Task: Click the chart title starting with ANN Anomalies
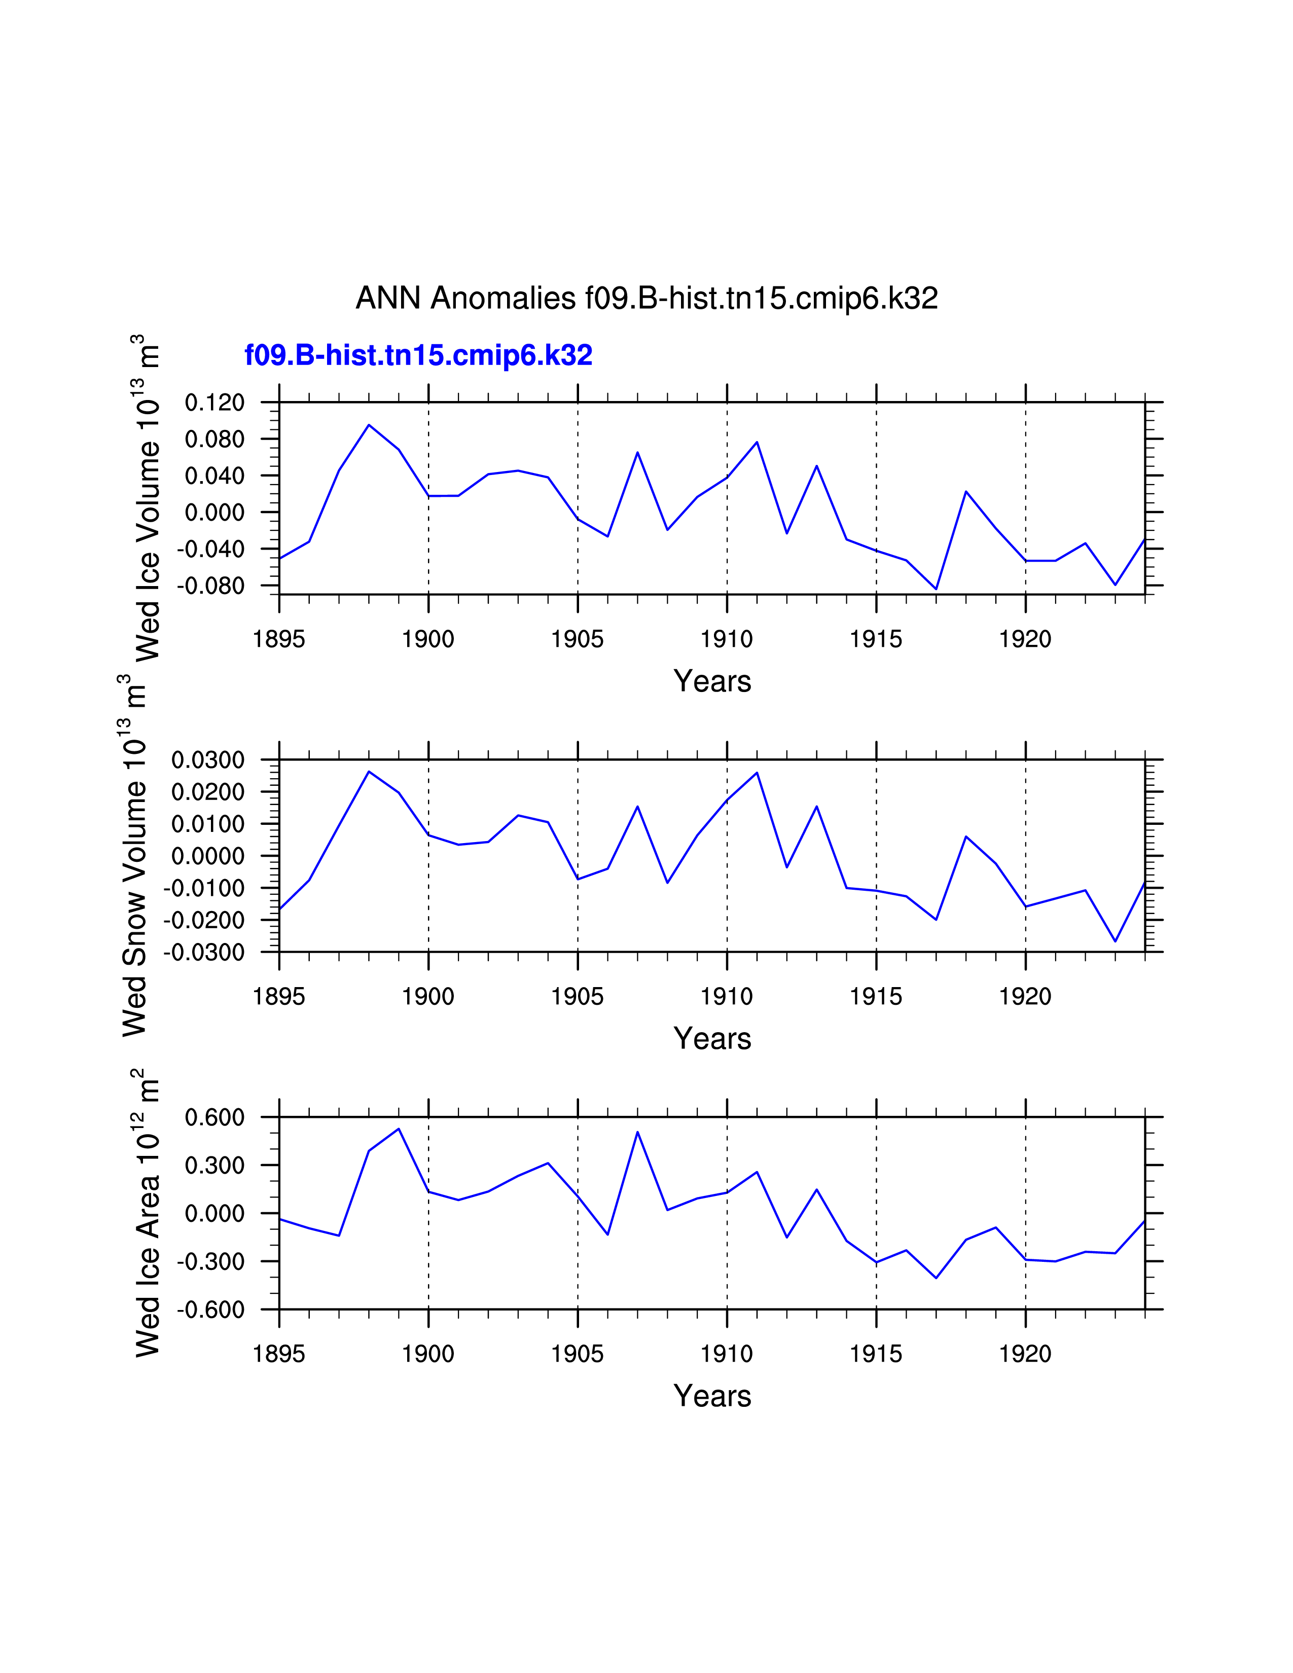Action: tap(646, 298)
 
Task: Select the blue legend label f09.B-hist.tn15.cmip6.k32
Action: tap(418, 355)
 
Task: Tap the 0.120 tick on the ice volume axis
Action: tap(214, 402)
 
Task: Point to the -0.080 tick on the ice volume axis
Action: tap(210, 586)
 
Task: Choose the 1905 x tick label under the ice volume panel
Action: tap(578, 639)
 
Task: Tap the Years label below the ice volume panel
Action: tap(712, 681)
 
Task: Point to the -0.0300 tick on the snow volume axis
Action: tap(204, 952)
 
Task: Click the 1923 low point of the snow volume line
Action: tap(1116, 940)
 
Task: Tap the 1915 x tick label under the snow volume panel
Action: tap(876, 997)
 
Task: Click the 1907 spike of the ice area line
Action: tap(637, 1132)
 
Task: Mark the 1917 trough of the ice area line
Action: tap(936, 1278)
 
